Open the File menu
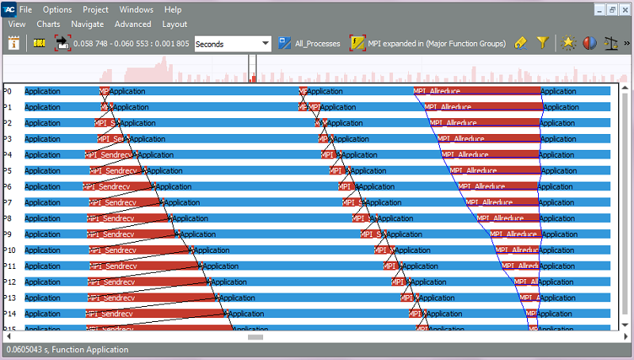[x=26, y=10]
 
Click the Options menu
[x=57, y=10]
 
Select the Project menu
[x=95, y=10]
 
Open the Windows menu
[x=136, y=10]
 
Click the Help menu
[x=173, y=10]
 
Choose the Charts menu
[x=48, y=24]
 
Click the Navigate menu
[x=87, y=24]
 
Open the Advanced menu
[x=132, y=24]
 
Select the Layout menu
[x=174, y=24]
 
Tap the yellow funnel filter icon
[x=542, y=44]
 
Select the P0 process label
[x=8, y=91]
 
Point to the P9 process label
[x=8, y=234]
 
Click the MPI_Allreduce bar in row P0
[x=475, y=91]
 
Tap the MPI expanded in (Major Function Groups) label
[x=436, y=44]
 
